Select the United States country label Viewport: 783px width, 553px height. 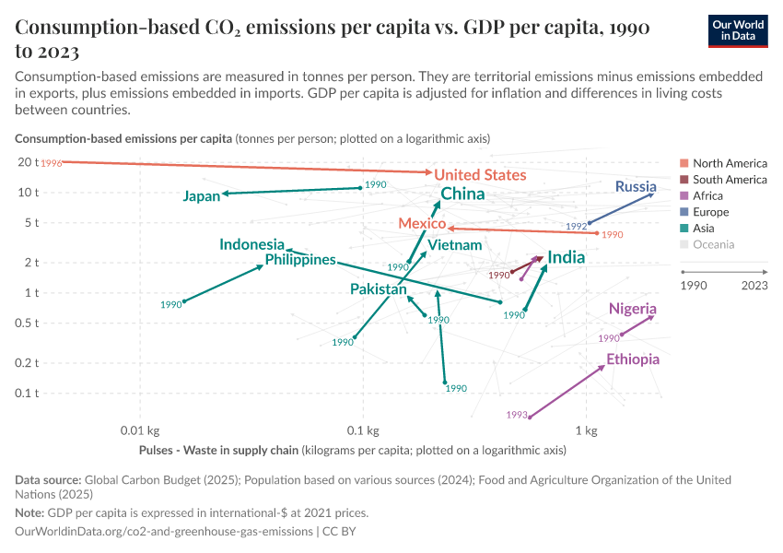click(480, 175)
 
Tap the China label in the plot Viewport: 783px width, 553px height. click(462, 194)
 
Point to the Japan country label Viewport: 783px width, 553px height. click(201, 196)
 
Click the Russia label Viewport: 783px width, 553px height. click(636, 187)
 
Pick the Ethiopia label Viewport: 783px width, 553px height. click(633, 359)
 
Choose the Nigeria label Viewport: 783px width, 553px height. click(633, 308)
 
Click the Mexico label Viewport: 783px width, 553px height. click(422, 224)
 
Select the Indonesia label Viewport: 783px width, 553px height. click(251, 244)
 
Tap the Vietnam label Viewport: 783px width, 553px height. click(455, 245)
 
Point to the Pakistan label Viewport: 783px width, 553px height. click(378, 289)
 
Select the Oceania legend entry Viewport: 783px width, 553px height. click(713, 244)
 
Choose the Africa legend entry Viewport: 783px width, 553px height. click(707, 195)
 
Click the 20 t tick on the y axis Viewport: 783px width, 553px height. click(27, 162)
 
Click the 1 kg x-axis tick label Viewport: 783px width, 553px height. click(587, 430)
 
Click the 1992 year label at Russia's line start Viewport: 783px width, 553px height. click(577, 226)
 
